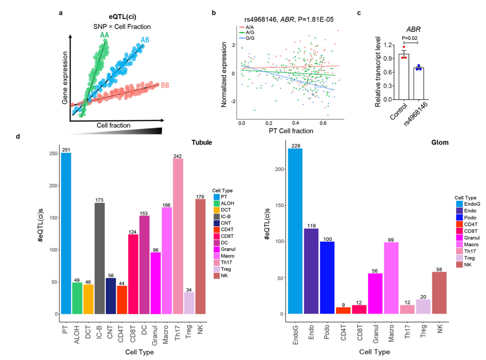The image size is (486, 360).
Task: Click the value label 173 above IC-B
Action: coord(99,200)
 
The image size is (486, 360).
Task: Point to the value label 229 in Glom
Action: coord(295,146)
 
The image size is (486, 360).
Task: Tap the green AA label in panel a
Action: coord(104,35)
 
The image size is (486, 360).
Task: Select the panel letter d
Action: coord(18,137)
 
